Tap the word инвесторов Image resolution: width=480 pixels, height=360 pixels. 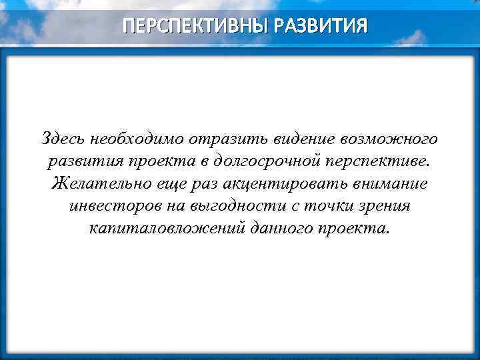tap(116, 206)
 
